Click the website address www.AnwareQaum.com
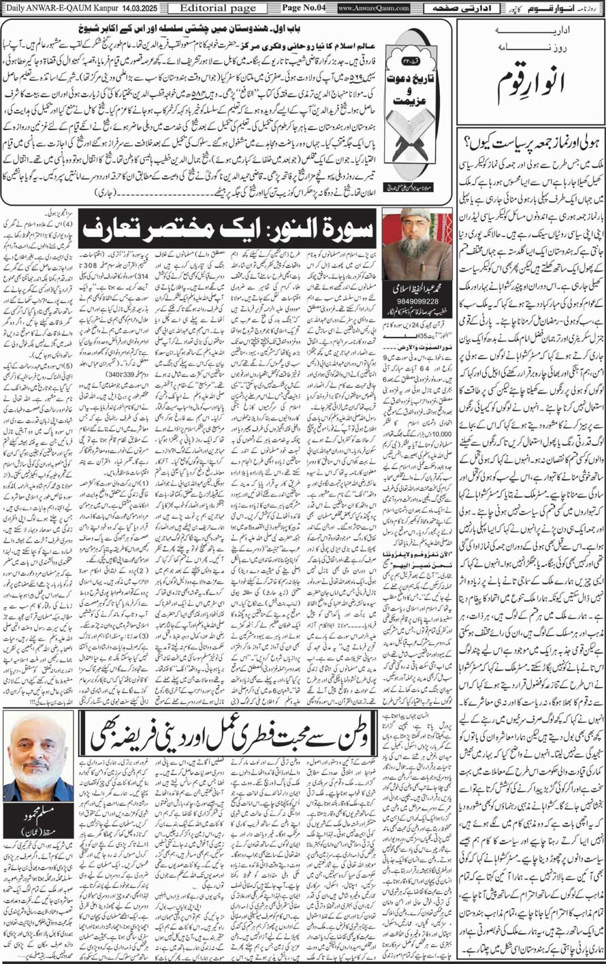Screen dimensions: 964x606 pyautogui.click(x=373, y=7)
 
